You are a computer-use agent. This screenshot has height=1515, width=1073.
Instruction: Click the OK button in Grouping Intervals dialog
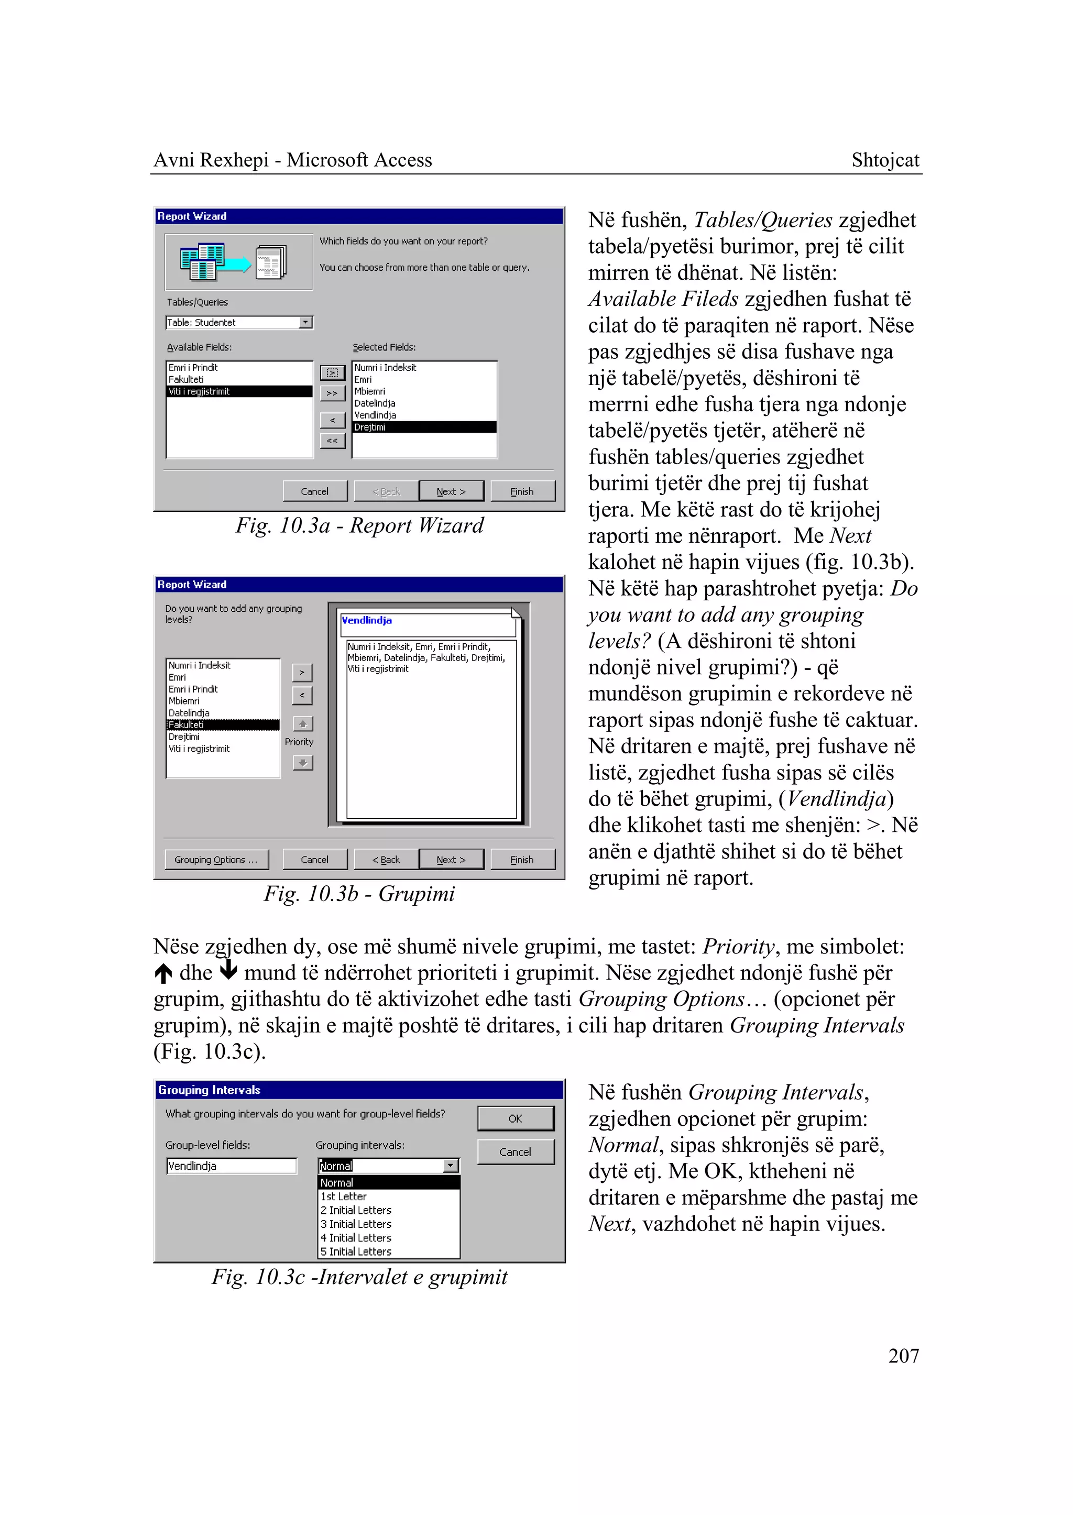pyautogui.click(x=516, y=1118)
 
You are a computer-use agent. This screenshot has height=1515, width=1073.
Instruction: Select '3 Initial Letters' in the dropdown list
pyautogui.click(x=356, y=1224)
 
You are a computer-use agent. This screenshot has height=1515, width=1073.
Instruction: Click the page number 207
pyautogui.click(x=903, y=1355)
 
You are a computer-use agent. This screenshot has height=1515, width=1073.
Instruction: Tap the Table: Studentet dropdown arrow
pyautogui.click(x=305, y=322)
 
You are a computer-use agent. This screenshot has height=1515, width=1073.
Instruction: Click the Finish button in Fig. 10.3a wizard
pyautogui.click(x=522, y=491)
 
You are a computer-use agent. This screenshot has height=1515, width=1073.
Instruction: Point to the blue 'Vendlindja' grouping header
pyautogui.click(x=367, y=620)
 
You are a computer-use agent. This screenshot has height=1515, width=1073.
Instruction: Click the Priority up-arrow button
pyautogui.click(x=303, y=723)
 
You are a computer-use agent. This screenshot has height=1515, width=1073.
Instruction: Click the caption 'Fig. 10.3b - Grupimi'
pyautogui.click(x=359, y=893)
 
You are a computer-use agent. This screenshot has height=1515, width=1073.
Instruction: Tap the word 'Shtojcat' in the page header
pyautogui.click(x=885, y=160)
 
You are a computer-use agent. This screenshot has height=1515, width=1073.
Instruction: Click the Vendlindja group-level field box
pyautogui.click(x=231, y=1166)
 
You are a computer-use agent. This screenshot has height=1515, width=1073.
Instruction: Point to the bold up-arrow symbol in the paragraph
pyautogui.click(x=163, y=973)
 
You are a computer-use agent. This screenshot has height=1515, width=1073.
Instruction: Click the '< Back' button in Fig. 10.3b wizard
pyautogui.click(x=386, y=860)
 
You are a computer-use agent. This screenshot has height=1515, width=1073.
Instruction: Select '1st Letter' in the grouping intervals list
pyautogui.click(x=344, y=1196)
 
